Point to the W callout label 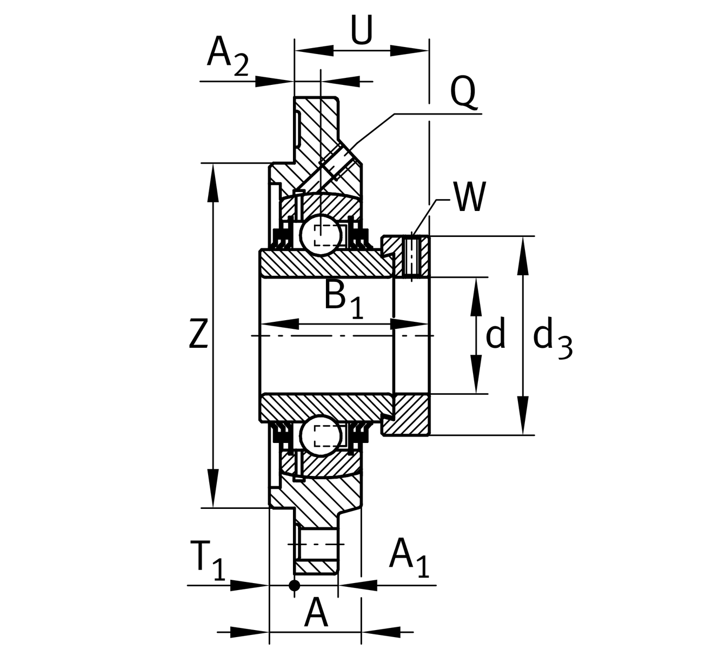pos(470,197)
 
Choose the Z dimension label pos(198,334)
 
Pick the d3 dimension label pos(551,338)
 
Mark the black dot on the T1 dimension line pos(294,585)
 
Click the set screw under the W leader pos(412,256)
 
